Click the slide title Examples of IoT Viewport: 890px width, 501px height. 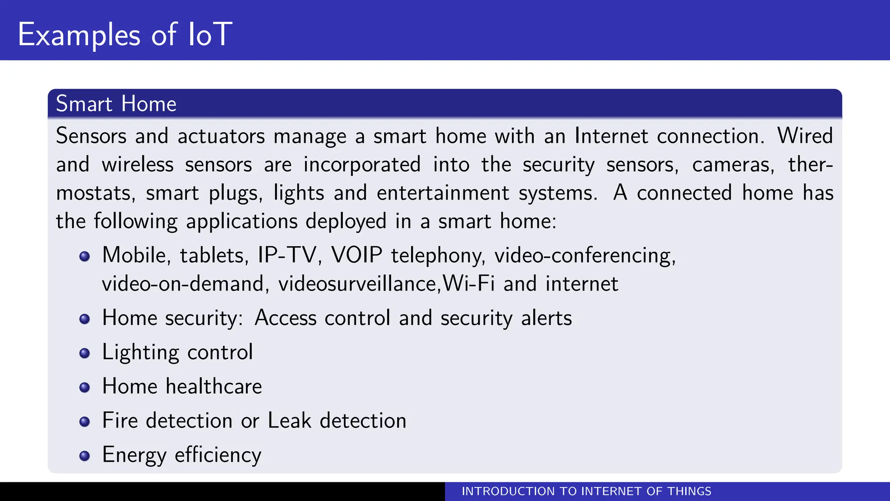[x=125, y=35]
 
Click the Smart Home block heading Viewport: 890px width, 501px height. [x=116, y=104]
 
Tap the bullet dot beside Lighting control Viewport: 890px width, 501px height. [x=85, y=353]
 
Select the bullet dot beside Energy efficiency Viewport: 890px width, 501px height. [x=85, y=456]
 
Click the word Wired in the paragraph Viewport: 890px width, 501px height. [x=805, y=136]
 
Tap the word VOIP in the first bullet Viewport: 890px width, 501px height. [x=357, y=255]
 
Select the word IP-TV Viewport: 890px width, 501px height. [x=287, y=255]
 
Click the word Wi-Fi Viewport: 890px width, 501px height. [x=469, y=284]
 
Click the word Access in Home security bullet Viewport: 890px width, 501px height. [x=286, y=318]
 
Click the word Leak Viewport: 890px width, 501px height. [x=289, y=421]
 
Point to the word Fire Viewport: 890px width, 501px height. [x=120, y=421]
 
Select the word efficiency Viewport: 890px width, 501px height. [x=218, y=455]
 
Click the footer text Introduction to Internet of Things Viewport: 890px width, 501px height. [x=586, y=491]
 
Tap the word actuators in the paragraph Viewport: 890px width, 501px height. [x=221, y=136]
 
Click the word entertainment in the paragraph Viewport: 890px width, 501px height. [x=443, y=193]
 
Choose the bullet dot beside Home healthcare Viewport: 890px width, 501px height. [x=85, y=387]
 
